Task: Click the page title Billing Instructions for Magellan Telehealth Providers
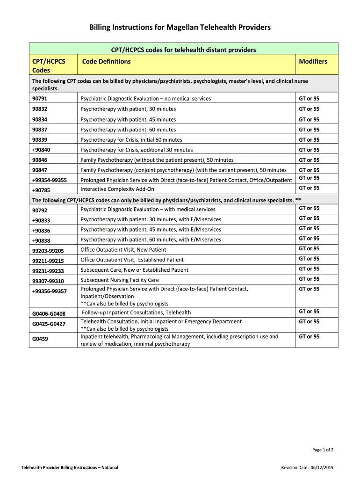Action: pyautogui.click(x=180, y=28)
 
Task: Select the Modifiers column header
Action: pyautogui.click(x=313, y=61)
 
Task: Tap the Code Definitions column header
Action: pyautogui.click(x=106, y=61)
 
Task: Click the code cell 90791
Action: pyautogui.click(x=40, y=99)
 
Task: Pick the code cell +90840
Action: pyautogui.click(x=41, y=150)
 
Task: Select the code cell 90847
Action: pyautogui.click(x=40, y=170)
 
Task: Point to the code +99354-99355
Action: pyautogui.click(x=49, y=181)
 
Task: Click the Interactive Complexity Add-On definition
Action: pyautogui.click(x=117, y=189)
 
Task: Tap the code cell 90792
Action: pyautogui.click(x=40, y=210)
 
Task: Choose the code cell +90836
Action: pyautogui.click(x=41, y=230)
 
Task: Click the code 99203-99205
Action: pyautogui.click(x=48, y=251)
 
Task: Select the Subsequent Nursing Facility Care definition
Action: pyautogui.click(x=120, y=280)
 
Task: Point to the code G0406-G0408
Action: pyautogui.click(x=49, y=313)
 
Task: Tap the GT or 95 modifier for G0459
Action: pyautogui.click(x=309, y=337)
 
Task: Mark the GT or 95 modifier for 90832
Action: pyautogui.click(x=309, y=109)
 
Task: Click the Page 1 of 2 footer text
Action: pyautogui.click(x=323, y=450)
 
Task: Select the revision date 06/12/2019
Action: pyautogui.click(x=322, y=468)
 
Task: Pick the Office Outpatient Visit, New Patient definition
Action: pyautogui.click(x=123, y=250)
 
